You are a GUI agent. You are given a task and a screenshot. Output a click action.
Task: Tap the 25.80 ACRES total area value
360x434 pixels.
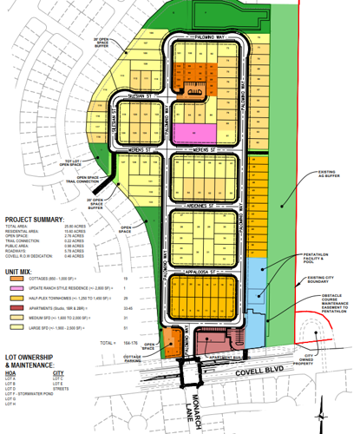77,227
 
